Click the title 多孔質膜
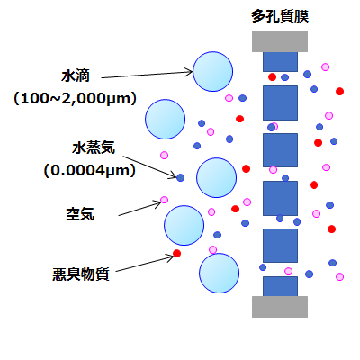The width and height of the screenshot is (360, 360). click(x=280, y=16)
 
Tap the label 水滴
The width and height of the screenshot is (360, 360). click(x=76, y=76)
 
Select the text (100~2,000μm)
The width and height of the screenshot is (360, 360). click(x=75, y=99)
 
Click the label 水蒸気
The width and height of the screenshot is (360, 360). click(x=94, y=148)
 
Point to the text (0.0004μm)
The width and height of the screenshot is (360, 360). click(x=90, y=171)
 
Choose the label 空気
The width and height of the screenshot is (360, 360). click(x=80, y=214)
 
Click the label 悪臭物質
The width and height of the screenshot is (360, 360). click(x=81, y=274)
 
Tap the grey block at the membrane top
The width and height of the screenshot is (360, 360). click(x=280, y=41)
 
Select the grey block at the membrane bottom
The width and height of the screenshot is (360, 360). click(x=280, y=307)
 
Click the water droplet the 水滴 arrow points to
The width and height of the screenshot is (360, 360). click(x=212, y=72)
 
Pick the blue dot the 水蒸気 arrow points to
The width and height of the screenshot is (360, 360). click(x=180, y=177)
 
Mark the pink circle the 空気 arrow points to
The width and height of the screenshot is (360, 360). click(x=164, y=200)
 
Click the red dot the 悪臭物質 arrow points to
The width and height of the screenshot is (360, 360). click(x=177, y=254)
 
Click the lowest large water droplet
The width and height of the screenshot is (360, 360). click(x=219, y=274)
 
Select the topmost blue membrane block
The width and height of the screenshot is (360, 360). click(x=280, y=62)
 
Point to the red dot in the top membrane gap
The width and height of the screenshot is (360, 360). click(x=272, y=77)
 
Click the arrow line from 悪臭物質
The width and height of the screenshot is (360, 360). click(x=145, y=264)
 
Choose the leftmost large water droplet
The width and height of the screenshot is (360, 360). click(x=165, y=119)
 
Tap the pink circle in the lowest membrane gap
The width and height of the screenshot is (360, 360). click(x=288, y=271)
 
